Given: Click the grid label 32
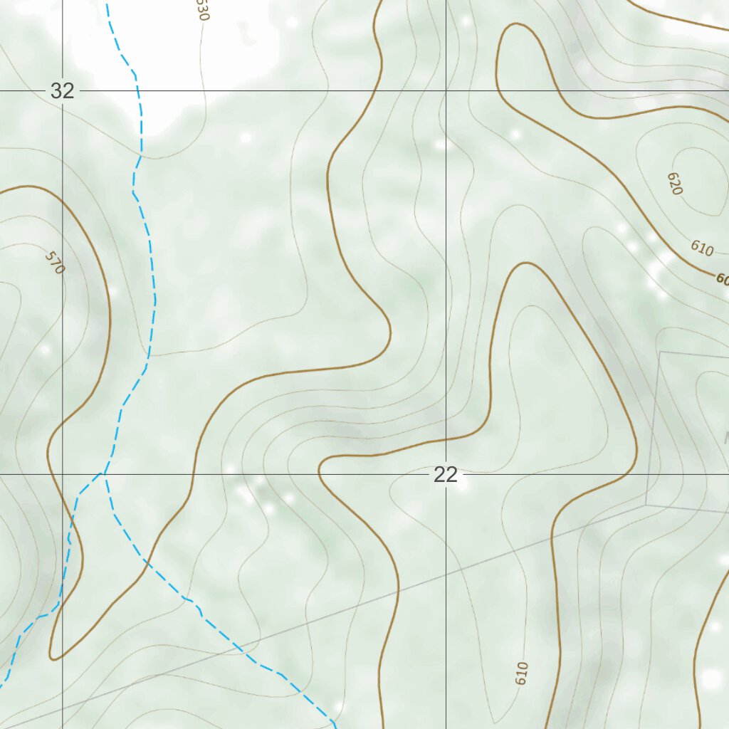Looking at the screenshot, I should (63, 91).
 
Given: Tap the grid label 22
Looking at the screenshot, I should (446, 475).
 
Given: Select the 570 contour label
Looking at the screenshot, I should (55, 263).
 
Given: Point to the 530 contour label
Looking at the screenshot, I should (203, 10).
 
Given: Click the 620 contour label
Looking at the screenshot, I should (675, 184).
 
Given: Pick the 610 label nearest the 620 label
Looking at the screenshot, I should (702, 248).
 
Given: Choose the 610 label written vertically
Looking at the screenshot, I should (522, 673).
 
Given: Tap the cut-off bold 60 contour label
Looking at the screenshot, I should (722, 280).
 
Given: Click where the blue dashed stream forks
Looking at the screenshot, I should (104, 473).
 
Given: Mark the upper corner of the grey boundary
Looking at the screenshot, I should (660, 352).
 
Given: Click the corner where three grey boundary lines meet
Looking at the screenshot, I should (646, 505).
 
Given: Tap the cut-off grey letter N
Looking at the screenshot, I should (726, 436).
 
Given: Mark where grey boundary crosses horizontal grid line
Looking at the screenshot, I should (649, 473).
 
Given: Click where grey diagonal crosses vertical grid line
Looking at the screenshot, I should (446, 575).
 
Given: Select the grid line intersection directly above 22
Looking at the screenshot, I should (446, 91).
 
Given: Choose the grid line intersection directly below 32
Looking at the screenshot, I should (63, 473).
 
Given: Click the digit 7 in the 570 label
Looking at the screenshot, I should (55, 263).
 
